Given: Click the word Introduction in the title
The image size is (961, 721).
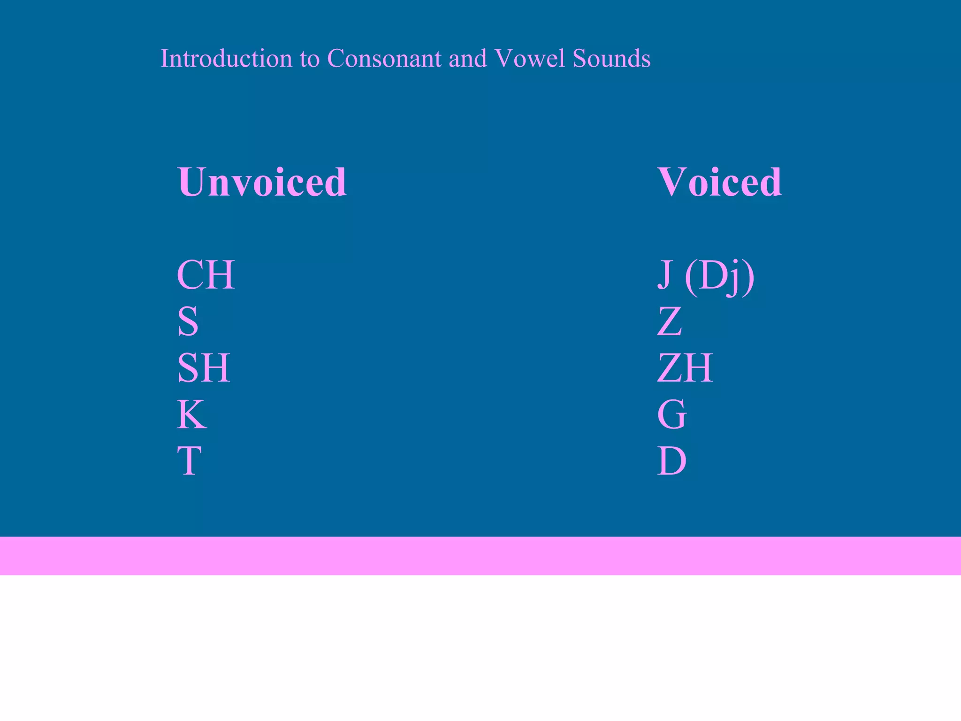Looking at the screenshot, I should coord(226,59).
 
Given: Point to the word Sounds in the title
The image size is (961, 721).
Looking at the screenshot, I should coord(611,59).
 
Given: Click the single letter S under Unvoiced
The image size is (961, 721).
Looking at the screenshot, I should coord(188,322).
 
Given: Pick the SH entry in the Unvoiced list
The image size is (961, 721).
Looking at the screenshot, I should coord(204,368).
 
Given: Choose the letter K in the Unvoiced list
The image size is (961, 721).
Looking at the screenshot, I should coord(191,414).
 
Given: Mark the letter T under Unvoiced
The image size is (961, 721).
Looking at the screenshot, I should coord(190,461).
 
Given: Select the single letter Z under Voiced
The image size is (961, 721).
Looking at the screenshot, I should coord(669,322).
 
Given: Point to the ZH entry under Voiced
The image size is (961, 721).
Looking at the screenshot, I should coord(685,368).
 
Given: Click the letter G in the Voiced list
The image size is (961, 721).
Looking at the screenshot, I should coord(672,414).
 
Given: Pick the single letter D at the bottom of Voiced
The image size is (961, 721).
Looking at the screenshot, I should coord(672,461).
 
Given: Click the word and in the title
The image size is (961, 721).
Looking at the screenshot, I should coord(467,59).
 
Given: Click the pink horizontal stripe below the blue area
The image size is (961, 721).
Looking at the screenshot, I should coord(480,556).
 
